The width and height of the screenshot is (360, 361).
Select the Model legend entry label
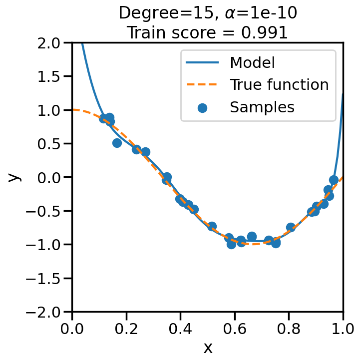(x=252, y=62)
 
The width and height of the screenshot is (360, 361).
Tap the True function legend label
(x=279, y=84)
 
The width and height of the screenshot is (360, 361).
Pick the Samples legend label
(x=262, y=106)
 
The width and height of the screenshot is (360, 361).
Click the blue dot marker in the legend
(x=202, y=107)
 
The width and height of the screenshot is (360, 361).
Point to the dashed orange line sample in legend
(x=202, y=85)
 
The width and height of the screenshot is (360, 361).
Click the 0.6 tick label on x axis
(x=235, y=329)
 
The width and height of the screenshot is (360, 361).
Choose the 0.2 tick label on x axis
(x=126, y=329)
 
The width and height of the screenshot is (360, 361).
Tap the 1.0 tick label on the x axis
(x=343, y=329)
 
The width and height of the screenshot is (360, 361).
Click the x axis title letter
(x=208, y=348)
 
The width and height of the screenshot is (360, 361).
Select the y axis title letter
(x=14, y=177)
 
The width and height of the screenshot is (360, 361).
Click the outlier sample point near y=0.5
(x=117, y=143)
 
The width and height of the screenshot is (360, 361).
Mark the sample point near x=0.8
(x=291, y=227)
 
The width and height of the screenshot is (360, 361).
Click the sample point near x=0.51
(x=212, y=227)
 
